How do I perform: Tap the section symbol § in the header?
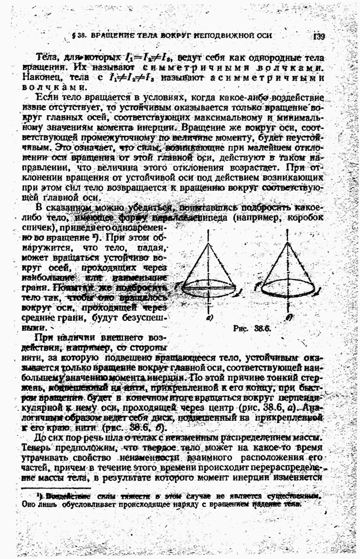pos(74,36)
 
